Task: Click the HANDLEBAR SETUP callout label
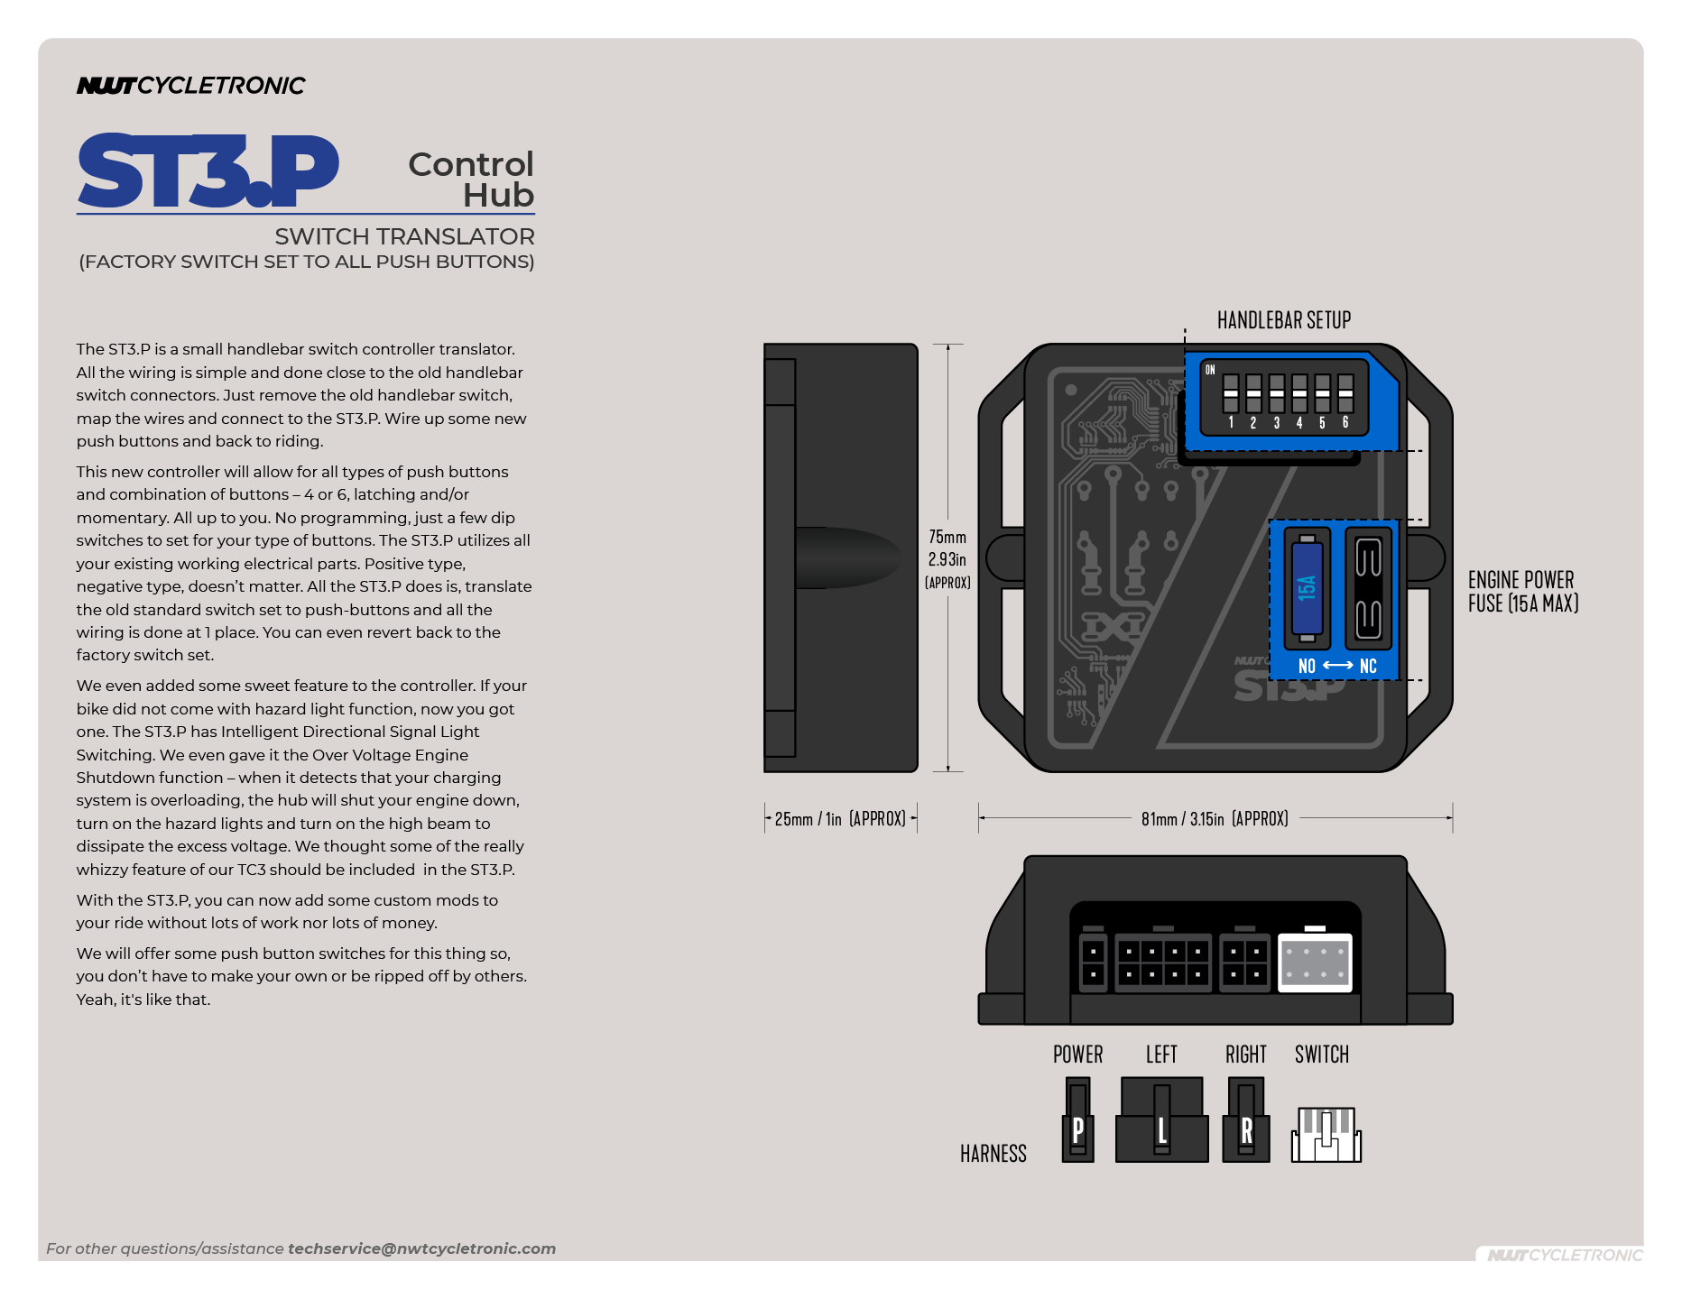click(x=1283, y=320)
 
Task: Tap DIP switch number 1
click(x=1231, y=393)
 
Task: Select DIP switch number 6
click(x=1345, y=393)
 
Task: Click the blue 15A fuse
click(x=1307, y=587)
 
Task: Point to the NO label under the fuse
click(x=1307, y=667)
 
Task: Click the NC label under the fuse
click(x=1368, y=667)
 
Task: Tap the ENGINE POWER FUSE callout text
click(x=1522, y=592)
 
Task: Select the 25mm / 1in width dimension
click(x=840, y=819)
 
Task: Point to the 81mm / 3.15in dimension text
click(x=1215, y=819)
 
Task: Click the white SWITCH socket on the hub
click(x=1315, y=963)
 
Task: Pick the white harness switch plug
click(x=1326, y=1135)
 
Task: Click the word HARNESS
click(x=993, y=1154)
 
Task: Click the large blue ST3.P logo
click(x=208, y=171)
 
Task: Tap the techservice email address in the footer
click(x=421, y=1248)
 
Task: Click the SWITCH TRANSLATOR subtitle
click(x=404, y=236)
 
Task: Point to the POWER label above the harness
click(x=1077, y=1055)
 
